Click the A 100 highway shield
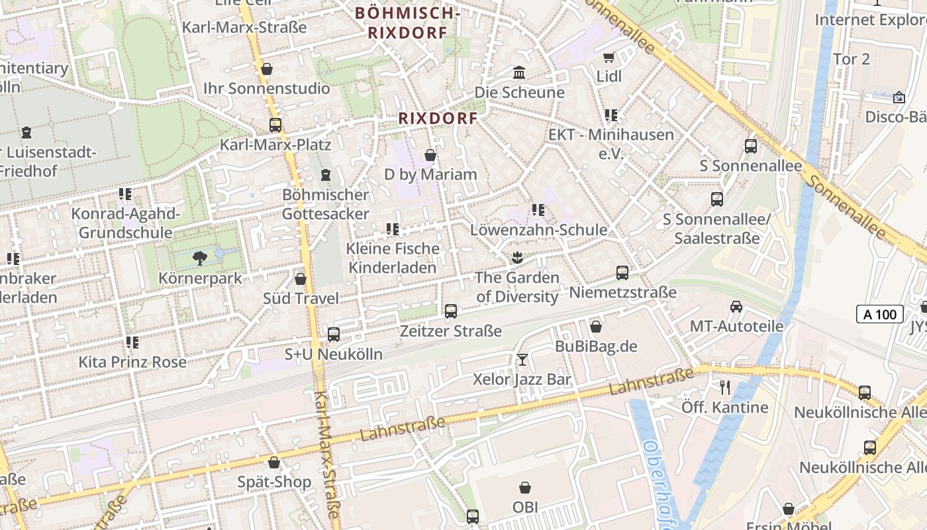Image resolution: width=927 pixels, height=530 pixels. tap(880, 314)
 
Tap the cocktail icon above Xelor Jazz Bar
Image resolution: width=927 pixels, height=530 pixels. tap(522, 360)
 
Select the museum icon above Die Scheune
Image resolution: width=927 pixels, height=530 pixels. tap(519, 72)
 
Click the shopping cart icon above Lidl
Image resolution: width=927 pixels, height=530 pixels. tap(609, 57)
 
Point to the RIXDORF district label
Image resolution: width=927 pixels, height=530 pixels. tap(438, 119)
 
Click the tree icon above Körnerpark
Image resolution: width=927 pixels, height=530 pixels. tap(200, 258)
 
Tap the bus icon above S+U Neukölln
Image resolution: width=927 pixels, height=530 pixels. tap(334, 335)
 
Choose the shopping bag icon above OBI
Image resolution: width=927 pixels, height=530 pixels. tap(525, 488)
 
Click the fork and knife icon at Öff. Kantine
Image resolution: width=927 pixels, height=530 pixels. tap(725, 387)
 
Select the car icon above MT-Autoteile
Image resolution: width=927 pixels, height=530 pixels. tap(736, 306)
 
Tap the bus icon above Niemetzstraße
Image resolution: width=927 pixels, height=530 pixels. tap(622, 272)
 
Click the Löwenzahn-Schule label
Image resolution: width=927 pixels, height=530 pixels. tap(538, 230)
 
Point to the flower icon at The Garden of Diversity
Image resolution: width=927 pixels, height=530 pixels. tap(517, 257)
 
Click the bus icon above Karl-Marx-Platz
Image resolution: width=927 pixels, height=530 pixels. tap(275, 125)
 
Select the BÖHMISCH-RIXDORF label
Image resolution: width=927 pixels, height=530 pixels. tap(407, 22)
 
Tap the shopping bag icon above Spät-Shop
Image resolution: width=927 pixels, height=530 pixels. tap(274, 462)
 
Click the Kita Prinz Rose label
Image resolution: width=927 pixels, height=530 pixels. tap(132, 362)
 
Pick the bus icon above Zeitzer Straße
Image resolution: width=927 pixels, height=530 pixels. tap(451, 311)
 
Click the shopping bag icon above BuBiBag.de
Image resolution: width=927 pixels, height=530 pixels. tap(596, 327)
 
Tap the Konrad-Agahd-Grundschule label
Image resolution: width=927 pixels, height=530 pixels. tap(125, 223)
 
